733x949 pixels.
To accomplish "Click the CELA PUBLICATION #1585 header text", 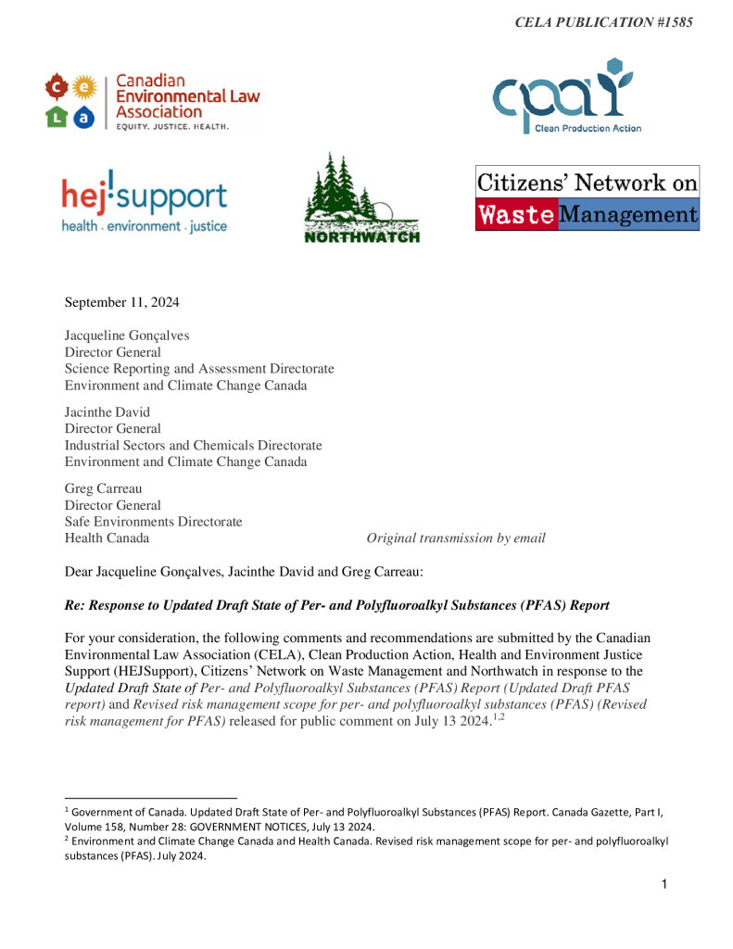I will [603, 21].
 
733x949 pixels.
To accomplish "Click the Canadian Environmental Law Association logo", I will [153, 101].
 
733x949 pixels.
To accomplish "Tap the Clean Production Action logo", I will [565, 96].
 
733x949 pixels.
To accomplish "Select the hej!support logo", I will [144, 199].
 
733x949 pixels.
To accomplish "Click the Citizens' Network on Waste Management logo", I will [587, 198].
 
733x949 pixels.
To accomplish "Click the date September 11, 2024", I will [122, 302].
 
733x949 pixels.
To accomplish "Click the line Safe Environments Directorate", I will [153, 522].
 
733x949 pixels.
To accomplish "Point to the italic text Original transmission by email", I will [456, 538].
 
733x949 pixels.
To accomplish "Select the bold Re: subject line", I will [336, 605].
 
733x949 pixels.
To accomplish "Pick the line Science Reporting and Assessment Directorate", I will [198, 369].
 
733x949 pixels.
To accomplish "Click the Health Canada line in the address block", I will [107, 538].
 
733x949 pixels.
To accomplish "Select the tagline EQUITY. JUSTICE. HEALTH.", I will [171, 126].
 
